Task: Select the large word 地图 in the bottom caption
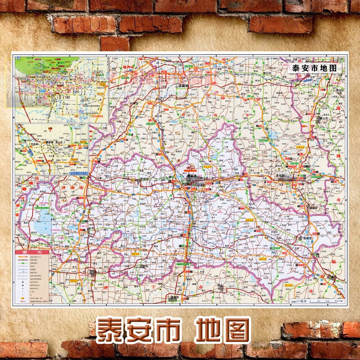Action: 223,331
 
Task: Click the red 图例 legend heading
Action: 32,252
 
